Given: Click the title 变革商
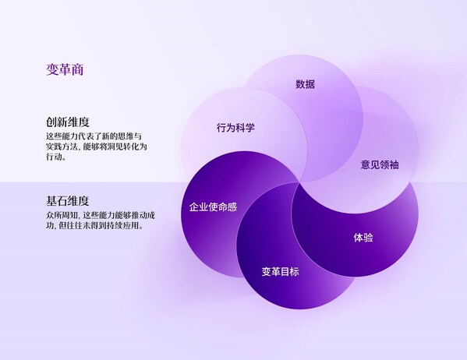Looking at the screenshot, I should click(x=65, y=70).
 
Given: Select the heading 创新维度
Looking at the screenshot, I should click(x=67, y=122).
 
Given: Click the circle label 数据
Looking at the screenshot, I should click(x=306, y=84).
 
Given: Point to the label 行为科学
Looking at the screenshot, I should click(x=235, y=128).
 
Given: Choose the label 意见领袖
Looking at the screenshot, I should click(x=380, y=165).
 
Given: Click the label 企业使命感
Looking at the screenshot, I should click(x=214, y=208).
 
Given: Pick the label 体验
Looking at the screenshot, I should click(x=363, y=237).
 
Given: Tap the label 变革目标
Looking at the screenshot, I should click(x=280, y=272).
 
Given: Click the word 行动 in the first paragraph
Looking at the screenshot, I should click(x=55, y=157).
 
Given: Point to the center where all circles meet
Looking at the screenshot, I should click(x=300, y=182).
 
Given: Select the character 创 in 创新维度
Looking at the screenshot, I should click(x=51, y=122).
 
